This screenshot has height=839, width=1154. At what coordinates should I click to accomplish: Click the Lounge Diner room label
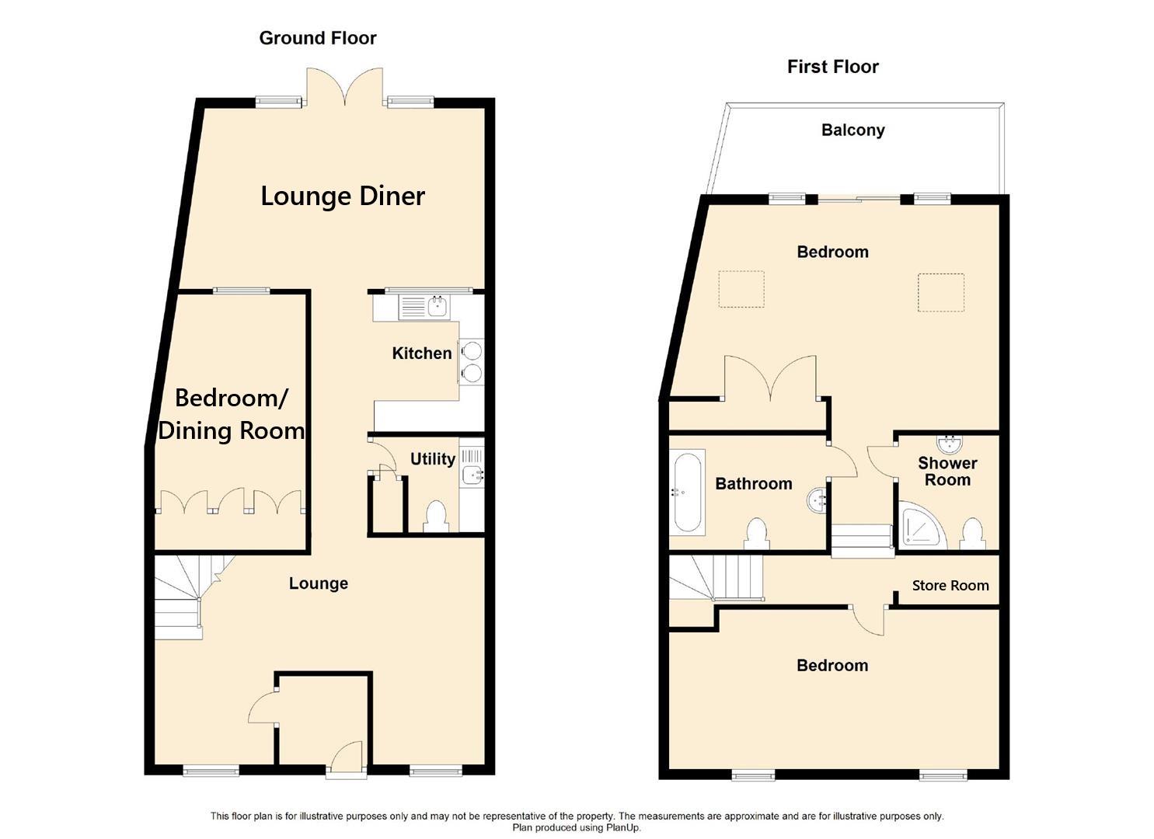coord(342,196)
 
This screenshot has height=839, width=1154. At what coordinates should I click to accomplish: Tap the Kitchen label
coord(421,353)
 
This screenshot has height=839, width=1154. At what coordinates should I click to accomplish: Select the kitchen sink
coord(424,307)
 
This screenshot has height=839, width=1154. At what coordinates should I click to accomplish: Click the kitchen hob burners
coord(471,362)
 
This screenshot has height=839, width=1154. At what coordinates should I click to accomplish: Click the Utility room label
coord(432,459)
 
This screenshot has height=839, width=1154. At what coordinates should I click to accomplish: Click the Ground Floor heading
coord(317,38)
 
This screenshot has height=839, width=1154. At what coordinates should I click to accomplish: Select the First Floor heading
coord(832,67)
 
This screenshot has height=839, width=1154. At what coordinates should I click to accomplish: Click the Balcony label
coord(852,130)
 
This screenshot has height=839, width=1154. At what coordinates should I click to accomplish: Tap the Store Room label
coord(950,586)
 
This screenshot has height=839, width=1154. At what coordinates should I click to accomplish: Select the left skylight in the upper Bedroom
coord(741,289)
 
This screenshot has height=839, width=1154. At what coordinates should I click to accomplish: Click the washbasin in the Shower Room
coord(949,444)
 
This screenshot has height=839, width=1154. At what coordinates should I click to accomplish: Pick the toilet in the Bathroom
coord(756,534)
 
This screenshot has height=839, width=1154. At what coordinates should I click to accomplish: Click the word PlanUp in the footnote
coord(622,828)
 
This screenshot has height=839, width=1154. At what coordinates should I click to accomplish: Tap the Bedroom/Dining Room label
coord(231,414)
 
